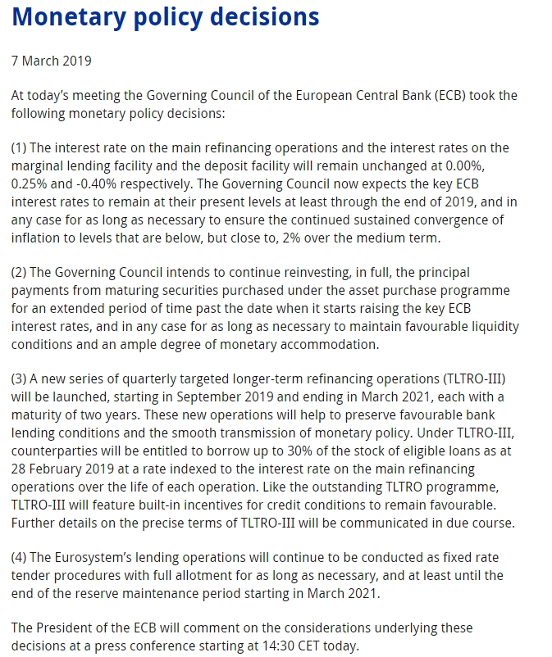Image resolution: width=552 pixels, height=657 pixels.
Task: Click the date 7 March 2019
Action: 51,61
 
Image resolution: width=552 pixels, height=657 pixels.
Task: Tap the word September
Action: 219,397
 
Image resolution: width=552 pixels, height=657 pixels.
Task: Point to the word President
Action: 69,628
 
